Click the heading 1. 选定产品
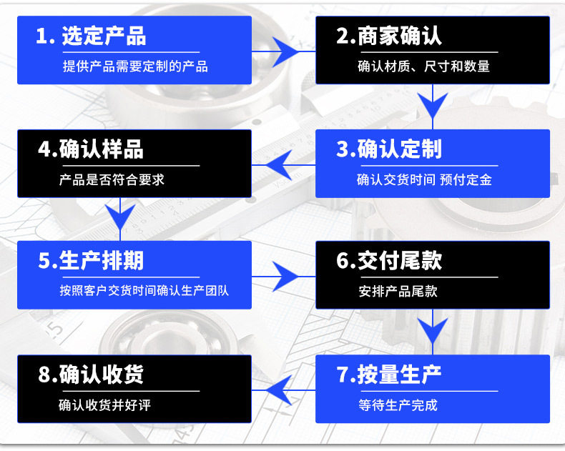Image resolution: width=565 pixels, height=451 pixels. coord(91,36)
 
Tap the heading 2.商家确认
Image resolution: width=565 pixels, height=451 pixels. coord(389,36)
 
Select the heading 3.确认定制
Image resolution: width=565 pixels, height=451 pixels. coord(389,149)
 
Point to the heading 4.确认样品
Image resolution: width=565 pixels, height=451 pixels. coord(91,149)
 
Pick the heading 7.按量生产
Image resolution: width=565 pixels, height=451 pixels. coord(389,375)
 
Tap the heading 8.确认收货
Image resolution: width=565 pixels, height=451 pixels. coord(91,375)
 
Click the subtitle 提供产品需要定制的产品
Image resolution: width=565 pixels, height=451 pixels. coord(135,67)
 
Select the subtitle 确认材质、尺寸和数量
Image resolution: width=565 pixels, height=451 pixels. coord(423,67)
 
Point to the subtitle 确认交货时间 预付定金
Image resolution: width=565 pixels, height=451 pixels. coord(424,180)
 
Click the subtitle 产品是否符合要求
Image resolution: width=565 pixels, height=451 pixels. coord(112,180)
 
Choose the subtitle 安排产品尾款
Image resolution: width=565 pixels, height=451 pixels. coord(398,292)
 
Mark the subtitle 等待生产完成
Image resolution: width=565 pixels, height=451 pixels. coord(398,405)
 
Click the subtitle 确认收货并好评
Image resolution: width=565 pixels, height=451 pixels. coord(104,405)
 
